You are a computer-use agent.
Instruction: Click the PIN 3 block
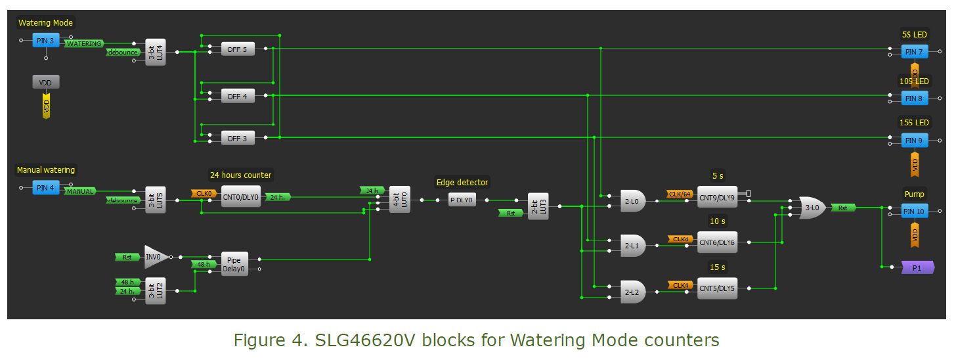click(46, 41)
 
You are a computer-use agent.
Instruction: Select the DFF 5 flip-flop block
click(237, 49)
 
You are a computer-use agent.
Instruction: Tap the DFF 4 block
click(237, 96)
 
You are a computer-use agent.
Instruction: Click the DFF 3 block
click(237, 138)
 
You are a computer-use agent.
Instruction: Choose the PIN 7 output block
click(914, 52)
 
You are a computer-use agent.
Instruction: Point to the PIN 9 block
click(914, 141)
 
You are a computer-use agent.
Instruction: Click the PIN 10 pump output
click(914, 212)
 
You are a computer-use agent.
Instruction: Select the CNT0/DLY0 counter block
click(240, 197)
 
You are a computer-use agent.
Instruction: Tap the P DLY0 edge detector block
click(462, 200)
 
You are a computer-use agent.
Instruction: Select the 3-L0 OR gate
click(813, 208)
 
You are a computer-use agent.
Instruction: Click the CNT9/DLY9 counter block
click(717, 197)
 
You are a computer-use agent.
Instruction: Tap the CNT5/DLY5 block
click(717, 288)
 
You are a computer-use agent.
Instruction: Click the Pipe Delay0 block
click(234, 264)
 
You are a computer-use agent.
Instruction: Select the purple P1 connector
click(917, 268)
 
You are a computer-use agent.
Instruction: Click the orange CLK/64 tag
click(680, 194)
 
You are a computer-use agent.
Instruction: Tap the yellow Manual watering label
click(46, 170)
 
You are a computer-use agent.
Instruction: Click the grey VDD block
click(46, 82)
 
